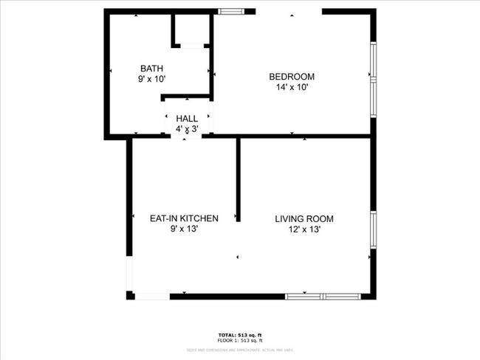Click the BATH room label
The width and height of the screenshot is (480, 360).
[x=151, y=68]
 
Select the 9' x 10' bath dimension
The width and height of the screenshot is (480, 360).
[x=151, y=79]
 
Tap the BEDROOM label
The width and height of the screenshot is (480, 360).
[x=292, y=77]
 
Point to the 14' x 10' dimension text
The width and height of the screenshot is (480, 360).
[x=292, y=87]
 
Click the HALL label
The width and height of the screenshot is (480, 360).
[x=187, y=118]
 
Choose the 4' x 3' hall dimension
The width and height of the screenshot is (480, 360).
[x=187, y=129]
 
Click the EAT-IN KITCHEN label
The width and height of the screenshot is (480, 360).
[x=184, y=218]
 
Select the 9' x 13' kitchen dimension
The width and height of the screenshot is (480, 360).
[x=184, y=229]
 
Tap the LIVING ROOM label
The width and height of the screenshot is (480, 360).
[x=304, y=219]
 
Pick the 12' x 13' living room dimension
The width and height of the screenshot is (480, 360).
[x=304, y=229]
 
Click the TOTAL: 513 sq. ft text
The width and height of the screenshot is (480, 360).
[x=240, y=334]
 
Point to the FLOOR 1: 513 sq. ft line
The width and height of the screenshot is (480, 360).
[x=240, y=340]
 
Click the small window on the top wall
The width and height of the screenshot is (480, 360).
[x=232, y=12]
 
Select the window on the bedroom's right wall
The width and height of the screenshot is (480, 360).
[x=373, y=74]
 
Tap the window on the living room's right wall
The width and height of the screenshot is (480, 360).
[x=373, y=236]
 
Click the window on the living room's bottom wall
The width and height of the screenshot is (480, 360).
[x=322, y=296]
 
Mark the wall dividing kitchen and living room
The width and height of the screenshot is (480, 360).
[x=238, y=179]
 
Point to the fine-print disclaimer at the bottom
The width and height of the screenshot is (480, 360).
[x=240, y=349]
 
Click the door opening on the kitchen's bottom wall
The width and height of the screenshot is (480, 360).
[x=152, y=296]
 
